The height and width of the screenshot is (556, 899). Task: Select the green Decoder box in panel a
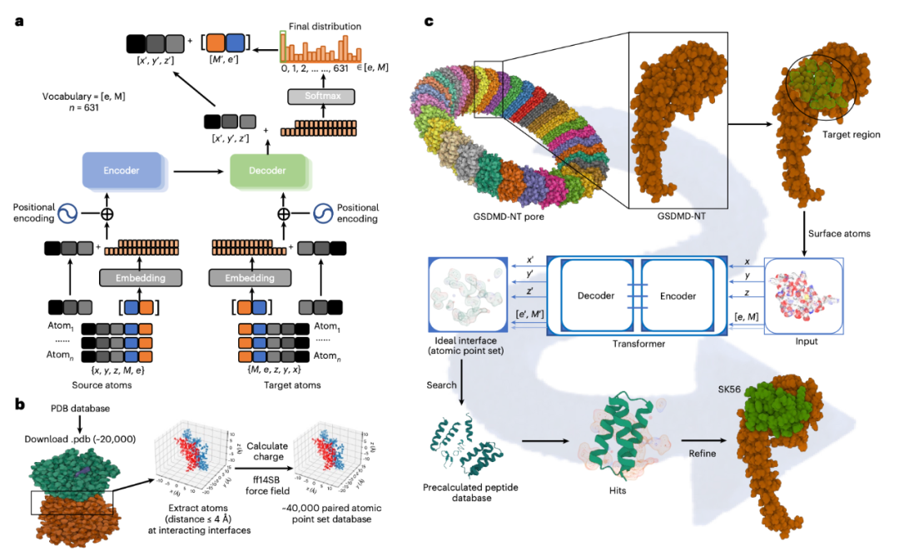[267, 171]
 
